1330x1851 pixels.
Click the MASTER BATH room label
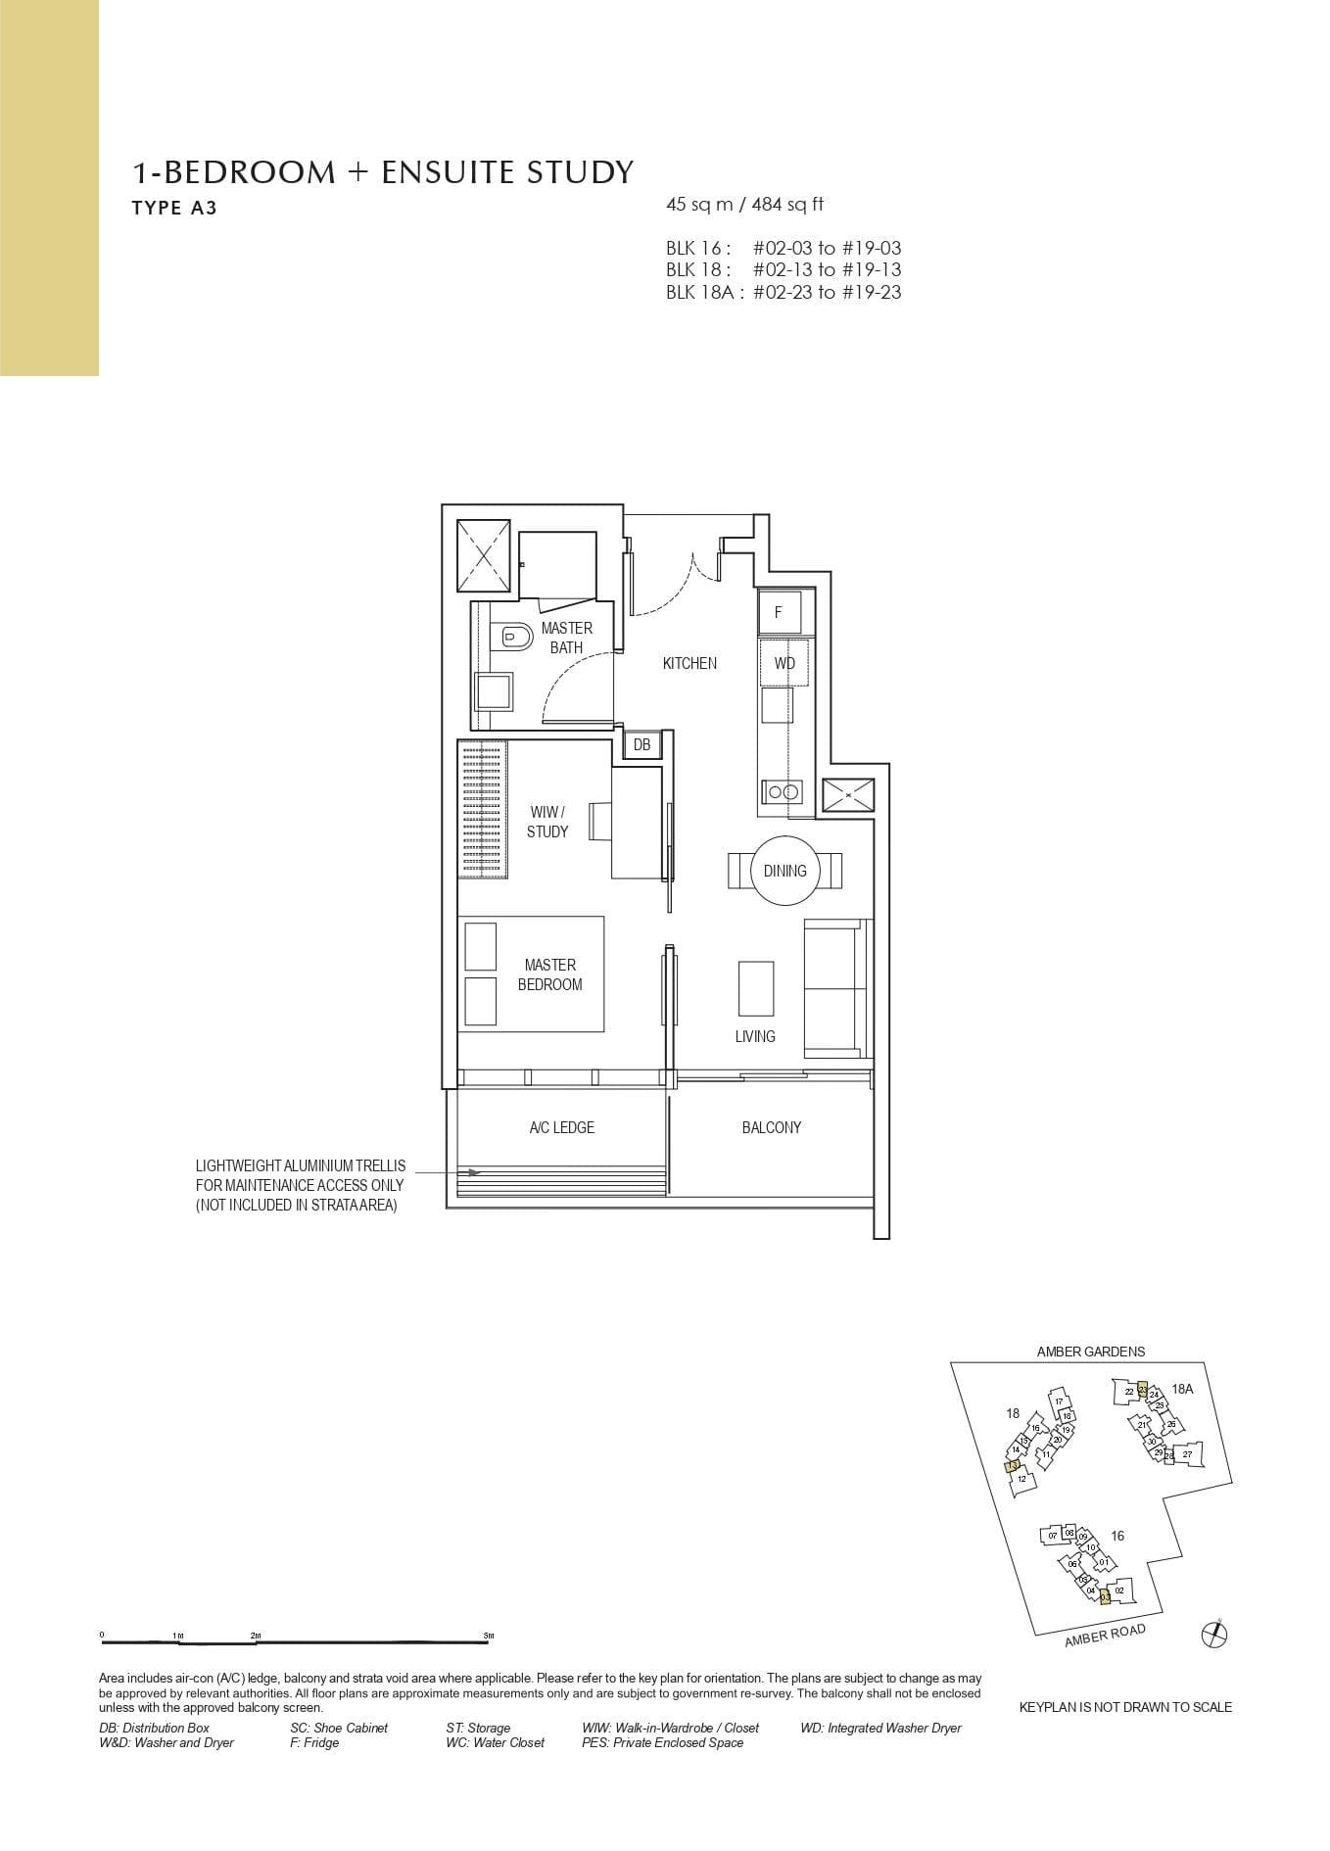coord(566,638)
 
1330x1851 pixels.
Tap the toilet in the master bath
coord(515,638)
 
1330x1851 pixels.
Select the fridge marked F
coord(780,613)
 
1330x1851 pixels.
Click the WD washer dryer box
coord(784,663)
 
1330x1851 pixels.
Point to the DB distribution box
coord(641,745)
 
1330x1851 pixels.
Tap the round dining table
coord(784,870)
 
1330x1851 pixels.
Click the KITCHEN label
coord(689,663)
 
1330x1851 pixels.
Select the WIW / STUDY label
coord(546,822)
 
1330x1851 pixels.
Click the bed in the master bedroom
coord(532,973)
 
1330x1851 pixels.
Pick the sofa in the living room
coord(836,988)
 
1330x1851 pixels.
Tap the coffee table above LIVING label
coord(755,988)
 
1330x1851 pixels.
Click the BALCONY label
coord(771,1127)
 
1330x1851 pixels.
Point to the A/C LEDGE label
coord(561,1127)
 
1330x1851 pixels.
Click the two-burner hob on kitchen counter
coord(783,791)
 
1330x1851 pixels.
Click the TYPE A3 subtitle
coord(174,208)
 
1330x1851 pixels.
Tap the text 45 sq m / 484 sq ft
coord(744,205)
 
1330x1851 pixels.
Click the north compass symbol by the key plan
coord(1213,1633)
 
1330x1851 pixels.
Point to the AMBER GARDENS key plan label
coord(1090,1352)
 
